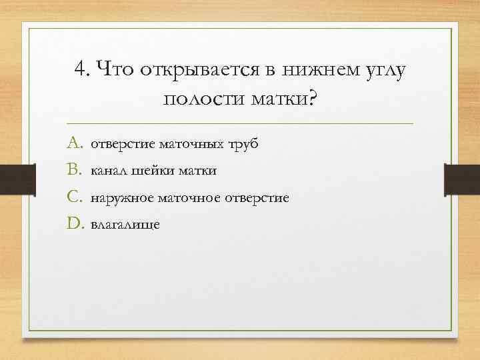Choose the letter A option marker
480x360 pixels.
[73, 143]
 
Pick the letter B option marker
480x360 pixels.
[73, 171]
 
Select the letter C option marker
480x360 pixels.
[73, 198]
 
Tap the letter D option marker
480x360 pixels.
[73, 225]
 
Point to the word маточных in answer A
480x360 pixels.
[190, 143]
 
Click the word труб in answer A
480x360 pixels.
[243, 145]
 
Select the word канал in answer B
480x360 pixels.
[108, 171]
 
